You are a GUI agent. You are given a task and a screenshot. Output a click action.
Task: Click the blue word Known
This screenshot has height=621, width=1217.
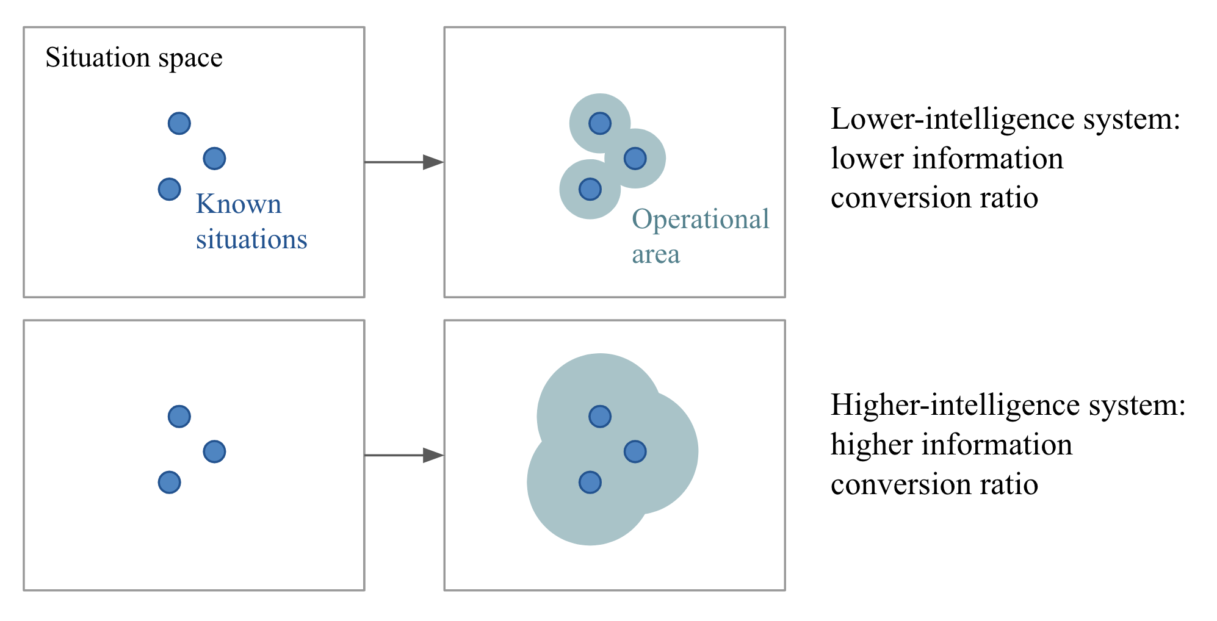tap(239, 204)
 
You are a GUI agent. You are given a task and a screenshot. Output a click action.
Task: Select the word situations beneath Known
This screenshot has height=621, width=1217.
tap(251, 239)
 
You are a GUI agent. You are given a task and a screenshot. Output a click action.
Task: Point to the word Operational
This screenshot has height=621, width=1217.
tap(700, 220)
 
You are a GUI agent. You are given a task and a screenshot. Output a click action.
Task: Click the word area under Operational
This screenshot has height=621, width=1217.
tap(655, 254)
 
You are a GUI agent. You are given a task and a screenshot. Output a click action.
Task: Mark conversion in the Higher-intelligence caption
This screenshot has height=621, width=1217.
tap(900, 484)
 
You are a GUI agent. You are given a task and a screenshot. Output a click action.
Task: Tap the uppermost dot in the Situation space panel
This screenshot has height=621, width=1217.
tap(179, 123)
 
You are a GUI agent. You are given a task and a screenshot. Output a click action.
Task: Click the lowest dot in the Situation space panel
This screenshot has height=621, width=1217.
tap(169, 189)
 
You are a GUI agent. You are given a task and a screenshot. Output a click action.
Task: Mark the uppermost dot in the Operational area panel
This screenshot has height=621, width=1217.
tap(600, 123)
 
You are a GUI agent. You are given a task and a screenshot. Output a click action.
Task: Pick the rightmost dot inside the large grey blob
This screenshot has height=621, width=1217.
tap(635, 451)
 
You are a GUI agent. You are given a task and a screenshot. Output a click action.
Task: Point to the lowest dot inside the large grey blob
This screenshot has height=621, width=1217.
tap(590, 483)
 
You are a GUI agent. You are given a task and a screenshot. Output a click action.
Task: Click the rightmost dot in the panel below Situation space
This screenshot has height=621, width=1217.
tap(214, 451)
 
